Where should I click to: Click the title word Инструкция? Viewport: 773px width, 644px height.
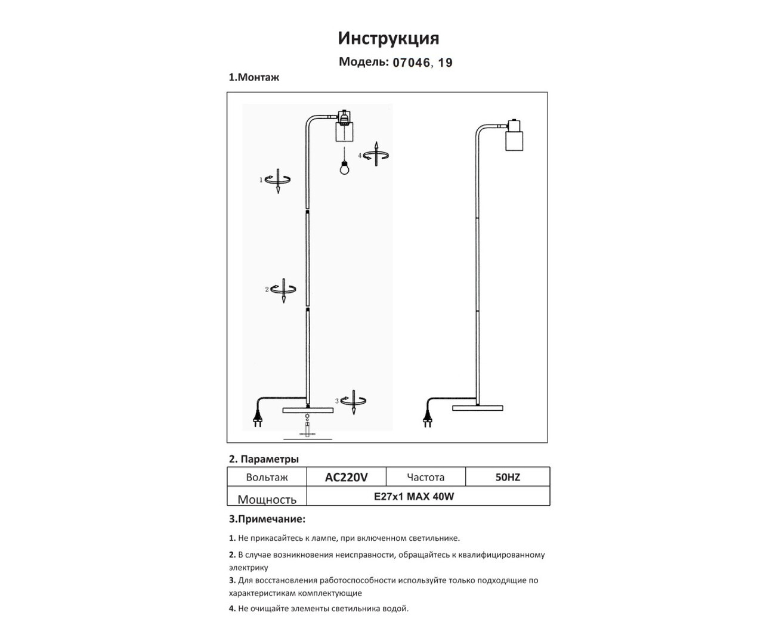pos(388,38)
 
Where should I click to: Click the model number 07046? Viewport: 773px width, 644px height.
pos(411,62)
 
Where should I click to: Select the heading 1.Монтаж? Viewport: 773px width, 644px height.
pos(254,78)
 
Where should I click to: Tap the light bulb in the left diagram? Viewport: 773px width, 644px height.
pos(344,168)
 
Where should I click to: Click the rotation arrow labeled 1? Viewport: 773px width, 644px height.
pos(278,179)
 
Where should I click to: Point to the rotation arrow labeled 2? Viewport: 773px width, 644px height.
pos(284,290)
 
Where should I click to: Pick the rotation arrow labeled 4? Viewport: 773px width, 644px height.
pos(376,155)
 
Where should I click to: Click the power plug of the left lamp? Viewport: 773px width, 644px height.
pos(258,416)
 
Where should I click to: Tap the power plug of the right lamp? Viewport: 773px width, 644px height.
pos(428,416)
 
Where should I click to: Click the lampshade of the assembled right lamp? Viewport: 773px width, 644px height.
pos(514,140)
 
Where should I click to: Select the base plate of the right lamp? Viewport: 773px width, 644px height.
pos(477,408)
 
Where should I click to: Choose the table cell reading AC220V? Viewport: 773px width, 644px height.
pos(346,477)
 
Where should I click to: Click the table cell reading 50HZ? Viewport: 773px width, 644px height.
pos(508,477)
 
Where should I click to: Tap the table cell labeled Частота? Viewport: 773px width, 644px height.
pos(425,477)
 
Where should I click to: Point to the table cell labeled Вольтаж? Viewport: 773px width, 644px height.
pos(267,477)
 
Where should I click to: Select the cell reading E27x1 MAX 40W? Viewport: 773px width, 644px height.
pos(413,496)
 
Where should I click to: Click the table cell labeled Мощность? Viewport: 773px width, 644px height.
pos(267,499)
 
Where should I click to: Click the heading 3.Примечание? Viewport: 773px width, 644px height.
pos(267,519)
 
